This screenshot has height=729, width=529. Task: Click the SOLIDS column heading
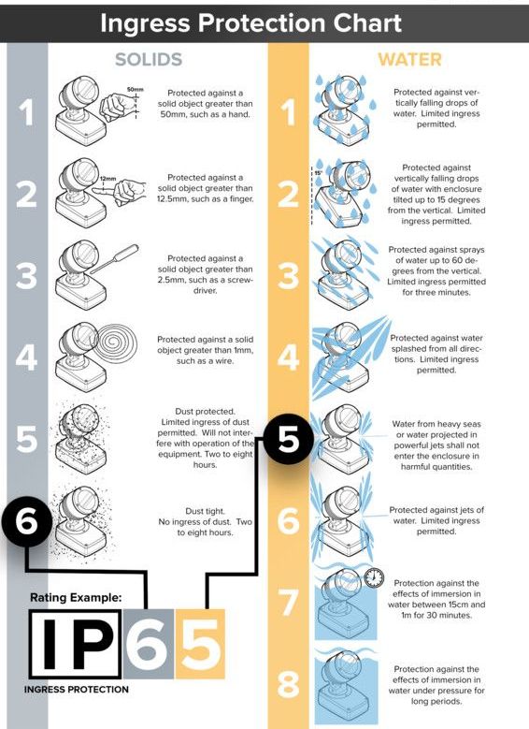149,60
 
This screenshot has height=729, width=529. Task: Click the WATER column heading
409,60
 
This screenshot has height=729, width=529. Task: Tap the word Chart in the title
367,22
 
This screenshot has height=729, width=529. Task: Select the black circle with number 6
26,520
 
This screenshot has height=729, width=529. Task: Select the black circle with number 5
289,439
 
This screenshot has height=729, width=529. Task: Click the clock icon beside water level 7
374,577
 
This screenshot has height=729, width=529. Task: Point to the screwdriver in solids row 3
115,258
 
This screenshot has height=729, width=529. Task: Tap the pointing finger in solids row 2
120,191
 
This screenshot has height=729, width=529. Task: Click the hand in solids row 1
115,106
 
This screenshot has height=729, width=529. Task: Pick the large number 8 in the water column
289,684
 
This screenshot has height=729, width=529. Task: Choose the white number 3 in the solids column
26,275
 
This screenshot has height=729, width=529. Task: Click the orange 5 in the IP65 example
200,645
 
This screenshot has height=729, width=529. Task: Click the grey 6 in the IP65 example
149,645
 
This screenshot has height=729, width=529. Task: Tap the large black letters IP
76,644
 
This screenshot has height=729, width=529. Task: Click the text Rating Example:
76,597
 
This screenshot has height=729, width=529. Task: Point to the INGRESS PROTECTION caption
76,690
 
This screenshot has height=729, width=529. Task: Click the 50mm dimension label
136,89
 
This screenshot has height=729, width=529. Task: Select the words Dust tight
205,511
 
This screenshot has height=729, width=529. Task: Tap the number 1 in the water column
289,112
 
